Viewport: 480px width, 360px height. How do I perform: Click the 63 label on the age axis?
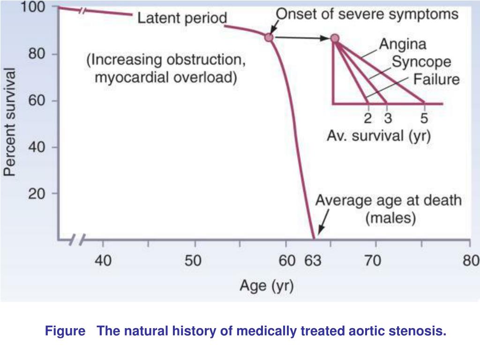[313, 261]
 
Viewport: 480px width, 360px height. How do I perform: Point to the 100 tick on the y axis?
[32, 8]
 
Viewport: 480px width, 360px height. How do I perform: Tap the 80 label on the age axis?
[471, 261]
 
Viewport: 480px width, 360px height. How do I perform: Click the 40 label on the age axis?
[103, 261]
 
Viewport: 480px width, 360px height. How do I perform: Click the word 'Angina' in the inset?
[403, 45]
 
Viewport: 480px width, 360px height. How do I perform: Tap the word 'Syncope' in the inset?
[421, 62]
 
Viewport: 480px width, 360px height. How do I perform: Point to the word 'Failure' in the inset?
[436, 79]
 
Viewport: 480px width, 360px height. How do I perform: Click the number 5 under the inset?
[424, 117]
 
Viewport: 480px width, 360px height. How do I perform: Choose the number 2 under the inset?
[368, 117]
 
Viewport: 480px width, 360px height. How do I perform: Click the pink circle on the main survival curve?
[269, 37]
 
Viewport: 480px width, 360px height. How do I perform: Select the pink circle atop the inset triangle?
[335, 38]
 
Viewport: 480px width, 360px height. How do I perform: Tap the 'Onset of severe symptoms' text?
[367, 14]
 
